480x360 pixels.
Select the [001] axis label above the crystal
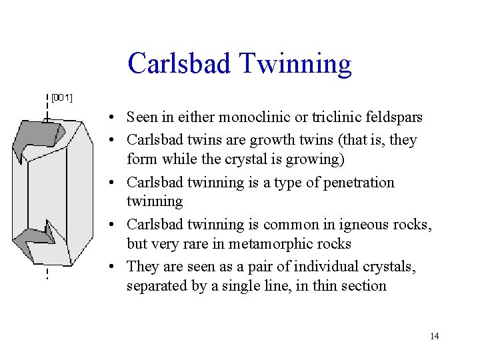pyautogui.click(x=62, y=98)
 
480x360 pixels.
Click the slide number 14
pyautogui.click(x=434, y=336)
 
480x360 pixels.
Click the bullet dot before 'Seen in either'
pyautogui.click(x=115, y=118)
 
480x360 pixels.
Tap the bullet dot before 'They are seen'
pyautogui.click(x=115, y=267)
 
